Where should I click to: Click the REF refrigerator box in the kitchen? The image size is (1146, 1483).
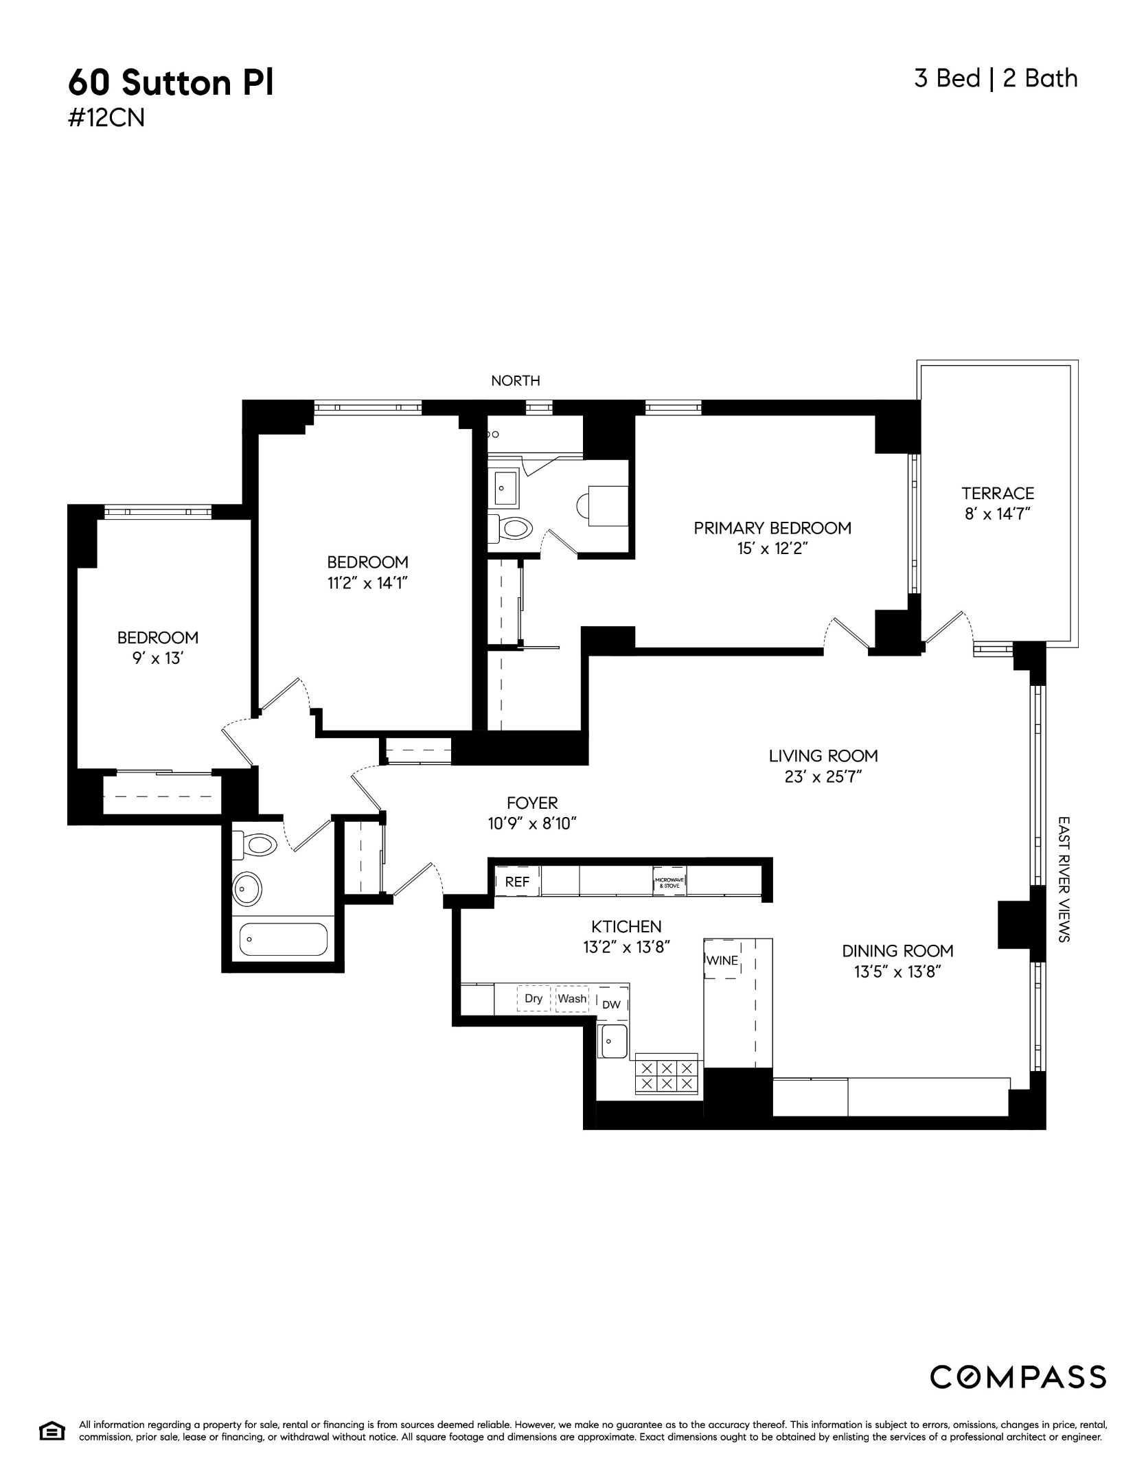click(518, 882)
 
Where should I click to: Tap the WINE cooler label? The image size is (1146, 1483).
click(722, 961)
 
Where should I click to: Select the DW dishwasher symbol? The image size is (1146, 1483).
click(611, 1004)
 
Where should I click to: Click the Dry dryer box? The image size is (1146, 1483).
click(534, 998)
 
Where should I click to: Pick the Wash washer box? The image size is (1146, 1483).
click(572, 998)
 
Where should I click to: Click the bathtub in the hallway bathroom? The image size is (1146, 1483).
click(283, 939)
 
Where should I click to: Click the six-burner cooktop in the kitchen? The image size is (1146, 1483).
click(667, 1076)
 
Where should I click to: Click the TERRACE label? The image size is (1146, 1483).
click(998, 493)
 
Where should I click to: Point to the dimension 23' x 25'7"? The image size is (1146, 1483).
click(823, 777)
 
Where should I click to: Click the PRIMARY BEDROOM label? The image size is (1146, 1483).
click(772, 528)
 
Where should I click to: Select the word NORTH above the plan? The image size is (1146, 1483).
click(516, 381)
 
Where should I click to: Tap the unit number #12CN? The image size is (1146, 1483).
click(106, 119)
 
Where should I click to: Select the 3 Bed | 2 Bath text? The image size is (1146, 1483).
click(996, 78)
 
